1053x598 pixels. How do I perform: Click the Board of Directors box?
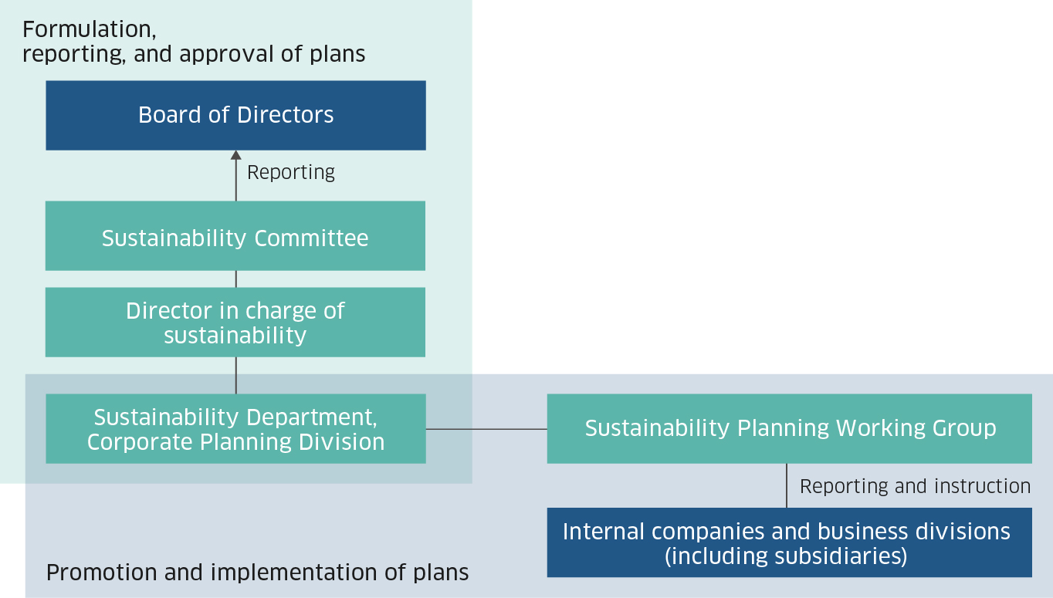point(236,116)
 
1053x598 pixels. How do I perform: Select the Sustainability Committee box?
point(235,236)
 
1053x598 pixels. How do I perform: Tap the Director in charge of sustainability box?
point(235,323)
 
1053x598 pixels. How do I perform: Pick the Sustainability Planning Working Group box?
point(790,429)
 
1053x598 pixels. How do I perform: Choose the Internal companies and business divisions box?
point(790,542)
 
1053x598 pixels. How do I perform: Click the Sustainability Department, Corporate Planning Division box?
point(236,429)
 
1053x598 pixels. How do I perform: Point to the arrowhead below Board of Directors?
point(236,155)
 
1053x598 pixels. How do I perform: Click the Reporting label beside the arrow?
point(291,173)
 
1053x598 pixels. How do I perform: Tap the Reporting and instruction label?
point(916,486)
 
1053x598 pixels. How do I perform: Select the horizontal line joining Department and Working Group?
point(486,429)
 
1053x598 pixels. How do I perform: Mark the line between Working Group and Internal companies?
point(787,485)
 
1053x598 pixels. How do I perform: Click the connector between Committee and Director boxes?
point(236,279)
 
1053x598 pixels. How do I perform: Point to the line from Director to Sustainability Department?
point(236,375)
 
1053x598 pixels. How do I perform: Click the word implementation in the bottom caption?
point(294,573)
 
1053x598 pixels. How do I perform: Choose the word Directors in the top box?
point(285,115)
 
